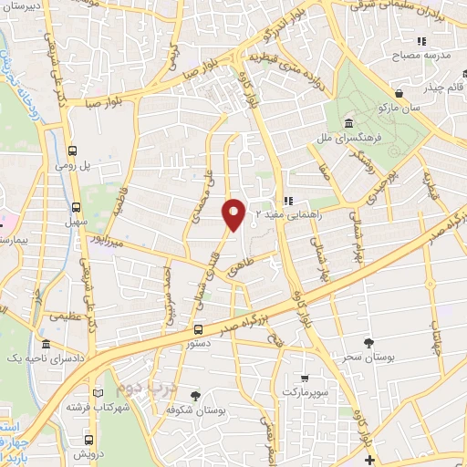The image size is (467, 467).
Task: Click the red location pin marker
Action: (233, 213)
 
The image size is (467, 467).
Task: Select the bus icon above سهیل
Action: (76, 206)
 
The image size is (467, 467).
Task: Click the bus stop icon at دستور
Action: (198, 328)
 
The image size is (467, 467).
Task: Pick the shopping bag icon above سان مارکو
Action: (399, 93)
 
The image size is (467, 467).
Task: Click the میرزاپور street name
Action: (105, 244)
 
